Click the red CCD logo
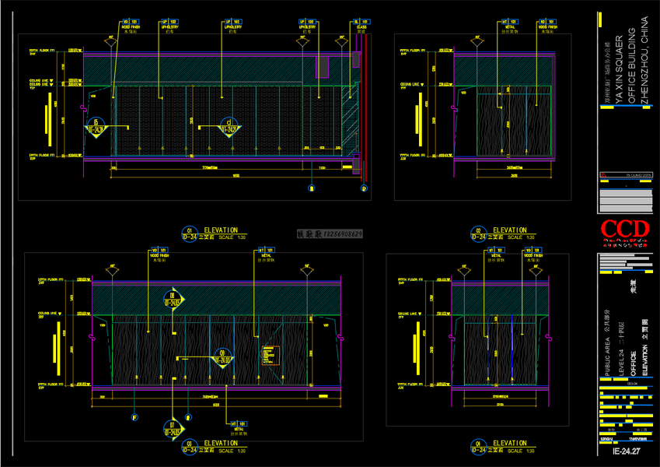click(x=623, y=229)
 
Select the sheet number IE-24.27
click(x=625, y=451)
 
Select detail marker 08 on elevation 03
click(x=173, y=299)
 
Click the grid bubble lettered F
click(x=134, y=418)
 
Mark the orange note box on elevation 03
click(x=269, y=356)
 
